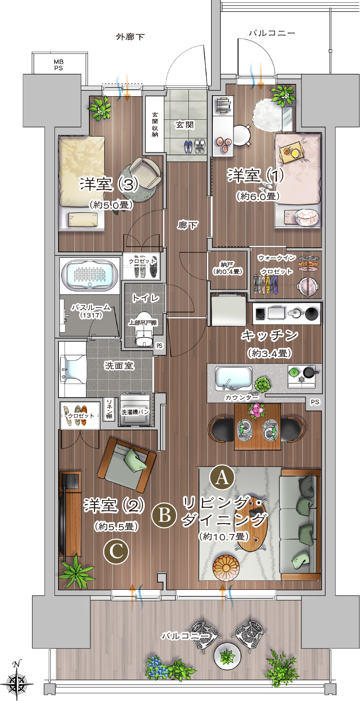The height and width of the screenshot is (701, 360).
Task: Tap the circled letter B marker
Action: [164, 515]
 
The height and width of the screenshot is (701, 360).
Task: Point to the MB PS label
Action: [58, 65]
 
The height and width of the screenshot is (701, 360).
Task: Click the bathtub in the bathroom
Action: [90, 275]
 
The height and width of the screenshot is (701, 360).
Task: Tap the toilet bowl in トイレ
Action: [144, 328]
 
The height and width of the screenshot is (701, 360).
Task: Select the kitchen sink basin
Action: [233, 379]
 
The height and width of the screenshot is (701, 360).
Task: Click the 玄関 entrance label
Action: [185, 125]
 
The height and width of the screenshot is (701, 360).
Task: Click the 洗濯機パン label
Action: [135, 412]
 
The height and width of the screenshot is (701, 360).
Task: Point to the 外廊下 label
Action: [130, 37]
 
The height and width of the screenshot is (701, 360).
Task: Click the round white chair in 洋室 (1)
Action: [242, 135]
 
